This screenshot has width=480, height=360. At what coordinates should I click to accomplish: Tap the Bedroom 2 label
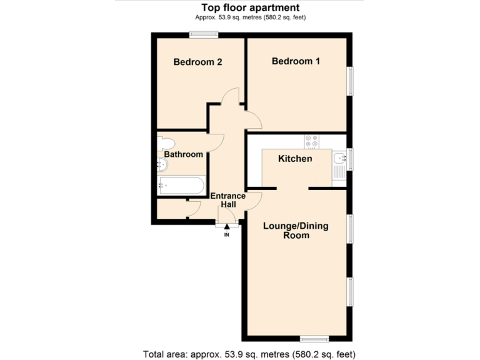[198, 62]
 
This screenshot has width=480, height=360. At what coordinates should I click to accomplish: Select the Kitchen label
[295, 159]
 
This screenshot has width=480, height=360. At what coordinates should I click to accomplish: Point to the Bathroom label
[183, 154]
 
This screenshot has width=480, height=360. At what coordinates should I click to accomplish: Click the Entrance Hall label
[227, 201]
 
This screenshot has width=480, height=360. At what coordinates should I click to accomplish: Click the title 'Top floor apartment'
[250, 7]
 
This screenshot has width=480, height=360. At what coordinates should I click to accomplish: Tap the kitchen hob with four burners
[311, 142]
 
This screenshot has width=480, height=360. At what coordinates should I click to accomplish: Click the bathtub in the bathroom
[181, 185]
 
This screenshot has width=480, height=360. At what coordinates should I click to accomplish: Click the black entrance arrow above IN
[227, 227]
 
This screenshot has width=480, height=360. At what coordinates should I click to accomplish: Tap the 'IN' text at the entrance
[227, 236]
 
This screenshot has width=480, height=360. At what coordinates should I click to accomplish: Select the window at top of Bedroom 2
[204, 35]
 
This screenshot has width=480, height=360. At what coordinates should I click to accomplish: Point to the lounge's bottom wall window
[314, 338]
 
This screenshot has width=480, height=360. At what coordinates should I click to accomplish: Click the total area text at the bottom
[249, 354]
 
